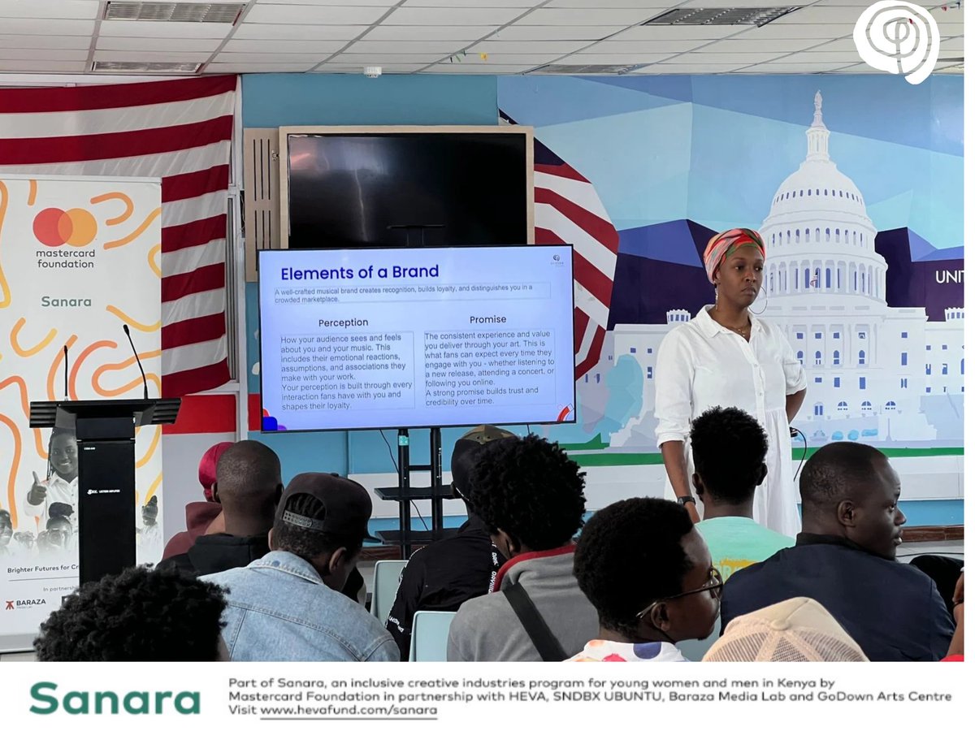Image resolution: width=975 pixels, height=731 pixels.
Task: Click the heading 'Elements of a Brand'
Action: pyautogui.click(x=359, y=272)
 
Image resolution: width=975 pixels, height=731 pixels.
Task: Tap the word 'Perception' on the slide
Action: pyautogui.click(x=343, y=322)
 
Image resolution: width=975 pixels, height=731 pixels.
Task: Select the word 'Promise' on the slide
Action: pyautogui.click(x=487, y=319)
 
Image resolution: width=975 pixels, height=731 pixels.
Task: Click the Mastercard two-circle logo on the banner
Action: pyautogui.click(x=65, y=227)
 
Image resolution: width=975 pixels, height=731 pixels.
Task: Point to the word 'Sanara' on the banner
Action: pyautogui.click(x=66, y=301)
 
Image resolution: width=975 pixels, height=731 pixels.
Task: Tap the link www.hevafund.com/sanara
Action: pyautogui.click(x=349, y=711)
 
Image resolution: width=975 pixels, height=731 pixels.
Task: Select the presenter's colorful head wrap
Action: pyautogui.click(x=732, y=245)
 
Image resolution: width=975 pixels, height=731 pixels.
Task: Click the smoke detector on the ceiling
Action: pyautogui.click(x=372, y=71)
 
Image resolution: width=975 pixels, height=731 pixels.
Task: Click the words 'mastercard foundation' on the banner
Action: pyautogui.click(x=65, y=258)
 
